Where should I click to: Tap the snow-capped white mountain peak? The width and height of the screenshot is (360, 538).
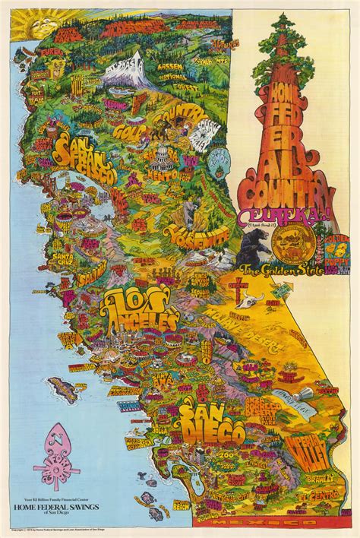pyautogui.click(x=128, y=68)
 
